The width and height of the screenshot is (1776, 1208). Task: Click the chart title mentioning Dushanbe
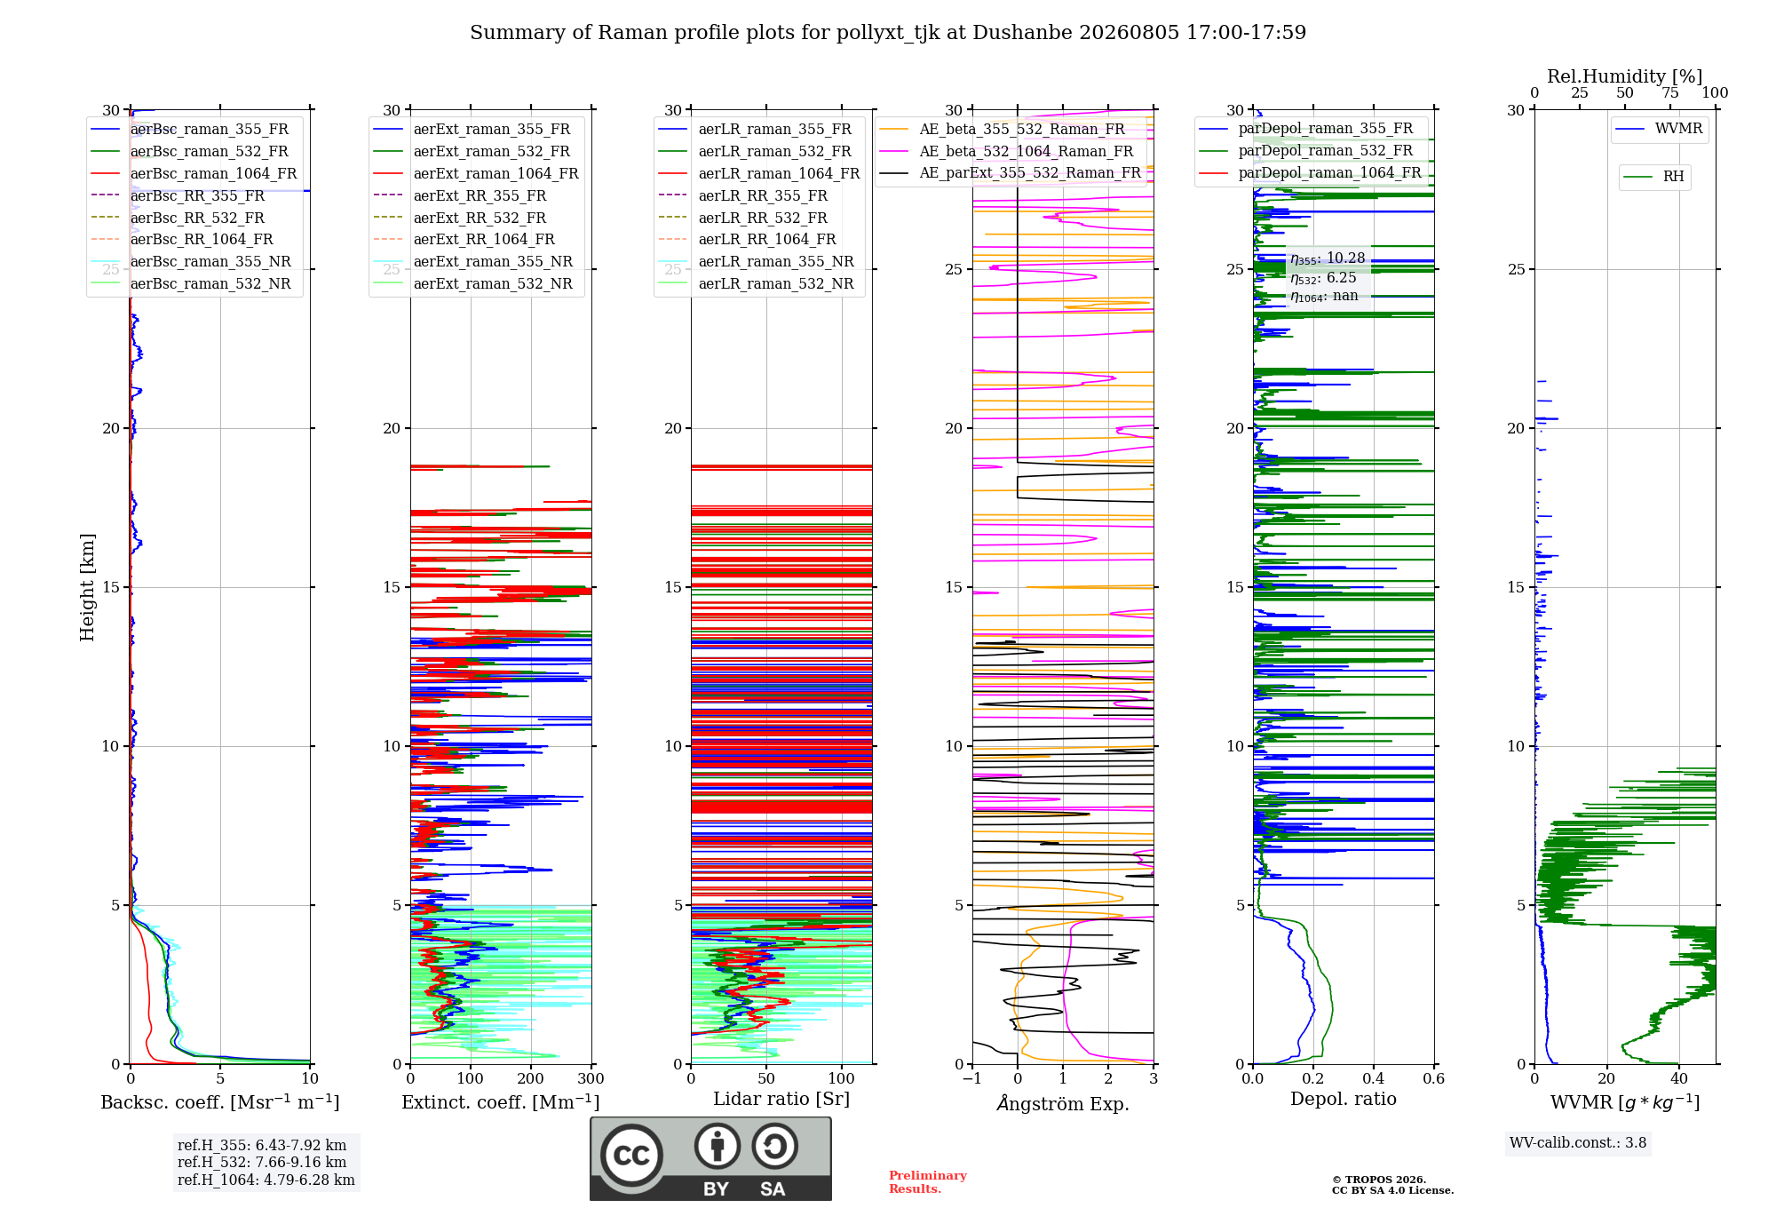[x=888, y=33]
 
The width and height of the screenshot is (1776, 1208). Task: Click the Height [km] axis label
[x=87, y=587]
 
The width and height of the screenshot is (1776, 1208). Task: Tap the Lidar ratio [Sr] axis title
[x=781, y=1099]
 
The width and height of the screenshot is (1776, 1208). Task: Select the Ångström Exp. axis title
[x=1063, y=1103]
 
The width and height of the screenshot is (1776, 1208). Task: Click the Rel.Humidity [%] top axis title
[x=1625, y=76]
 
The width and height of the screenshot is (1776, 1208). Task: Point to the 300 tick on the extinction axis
[x=591, y=1079]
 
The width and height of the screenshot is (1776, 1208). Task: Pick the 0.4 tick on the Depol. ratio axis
[x=1374, y=1079]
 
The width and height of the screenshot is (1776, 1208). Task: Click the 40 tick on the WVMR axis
[x=1679, y=1079]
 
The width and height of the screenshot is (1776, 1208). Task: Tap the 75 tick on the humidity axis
[x=1670, y=93]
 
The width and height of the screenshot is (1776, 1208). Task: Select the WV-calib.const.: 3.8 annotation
[x=1578, y=1143]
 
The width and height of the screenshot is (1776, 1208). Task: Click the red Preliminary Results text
[x=928, y=1182]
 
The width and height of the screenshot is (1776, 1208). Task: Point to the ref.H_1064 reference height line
[x=266, y=1180]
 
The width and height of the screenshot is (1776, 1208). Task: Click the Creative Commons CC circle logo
[x=631, y=1156]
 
